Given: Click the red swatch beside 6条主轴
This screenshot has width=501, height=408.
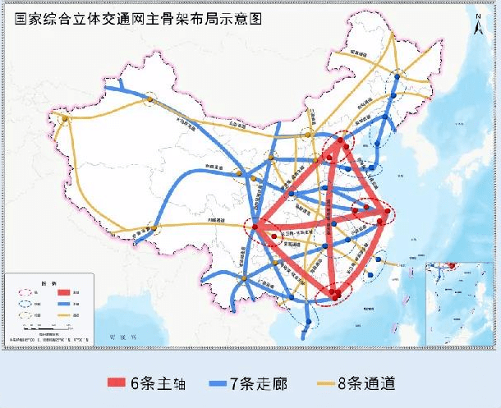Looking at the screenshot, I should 119,383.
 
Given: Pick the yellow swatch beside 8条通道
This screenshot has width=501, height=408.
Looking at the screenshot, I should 328,383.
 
